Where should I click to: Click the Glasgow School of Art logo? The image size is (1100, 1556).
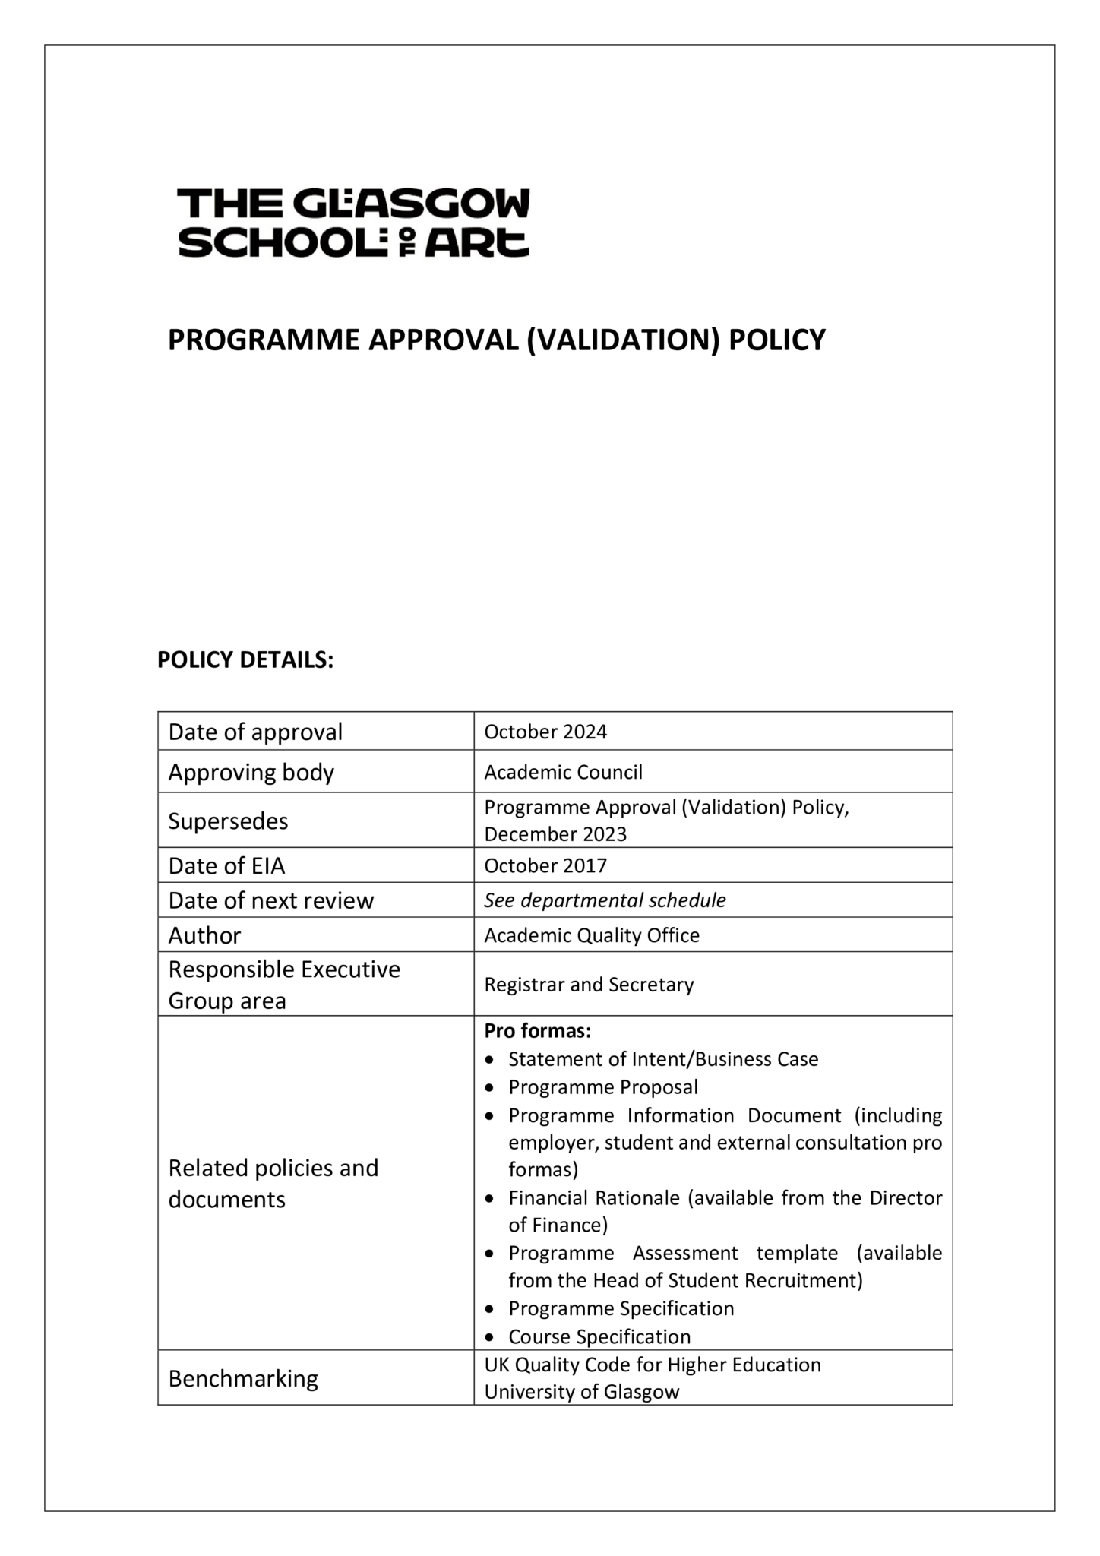(x=353, y=223)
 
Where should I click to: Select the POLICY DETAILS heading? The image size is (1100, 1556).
(x=245, y=660)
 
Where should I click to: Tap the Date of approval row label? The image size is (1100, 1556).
(x=255, y=732)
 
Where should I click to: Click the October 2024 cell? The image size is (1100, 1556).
(x=545, y=732)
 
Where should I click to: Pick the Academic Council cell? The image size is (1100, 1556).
(x=563, y=772)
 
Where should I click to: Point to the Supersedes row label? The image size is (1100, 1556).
(x=228, y=821)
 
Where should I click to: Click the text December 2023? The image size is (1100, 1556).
(x=555, y=834)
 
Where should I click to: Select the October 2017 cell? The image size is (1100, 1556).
(x=545, y=865)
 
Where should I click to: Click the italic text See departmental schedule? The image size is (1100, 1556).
(x=605, y=900)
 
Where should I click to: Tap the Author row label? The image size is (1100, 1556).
(x=204, y=935)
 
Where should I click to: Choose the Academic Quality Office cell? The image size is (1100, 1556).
(x=592, y=935)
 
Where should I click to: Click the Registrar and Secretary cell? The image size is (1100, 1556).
(x=589, y=985)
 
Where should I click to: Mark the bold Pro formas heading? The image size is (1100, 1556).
(x=537, y=1031)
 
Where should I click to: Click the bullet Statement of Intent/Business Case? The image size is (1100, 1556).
(x=663, y=1059)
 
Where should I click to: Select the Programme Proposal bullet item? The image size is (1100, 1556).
(x=602, y=1087)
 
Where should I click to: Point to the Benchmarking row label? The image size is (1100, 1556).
(x=243, y=1378)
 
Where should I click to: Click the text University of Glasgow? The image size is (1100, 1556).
(x=581, y=1392)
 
